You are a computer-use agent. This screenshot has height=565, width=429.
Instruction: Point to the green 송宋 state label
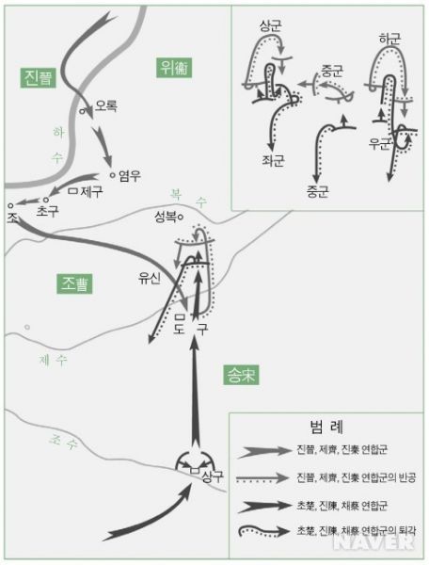241,374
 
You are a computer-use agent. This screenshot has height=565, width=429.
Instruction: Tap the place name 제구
90,191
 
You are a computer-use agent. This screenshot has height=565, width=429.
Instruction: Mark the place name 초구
47,212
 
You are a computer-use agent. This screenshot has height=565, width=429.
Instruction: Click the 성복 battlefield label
166,217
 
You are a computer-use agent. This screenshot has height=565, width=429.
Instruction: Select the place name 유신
149,279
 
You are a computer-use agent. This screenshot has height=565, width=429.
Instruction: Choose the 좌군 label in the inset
278,162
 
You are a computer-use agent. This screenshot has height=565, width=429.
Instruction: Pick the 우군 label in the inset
380,144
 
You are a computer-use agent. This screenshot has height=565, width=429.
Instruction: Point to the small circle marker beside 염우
113,174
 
